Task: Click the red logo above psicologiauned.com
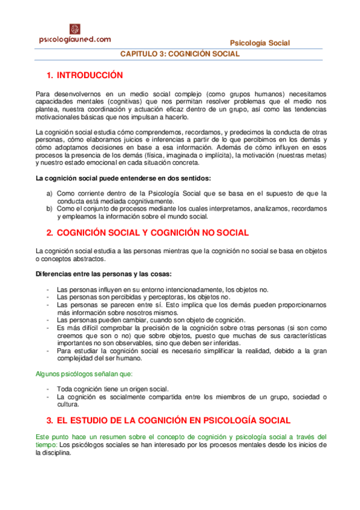[75, 29]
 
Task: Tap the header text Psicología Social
[260, 43]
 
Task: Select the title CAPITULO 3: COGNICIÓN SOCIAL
[180, 54]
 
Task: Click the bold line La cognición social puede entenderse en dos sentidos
[123, 178]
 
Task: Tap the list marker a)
[50, 193]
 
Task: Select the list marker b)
[50, 209]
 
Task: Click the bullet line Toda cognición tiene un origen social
[113, 389]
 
